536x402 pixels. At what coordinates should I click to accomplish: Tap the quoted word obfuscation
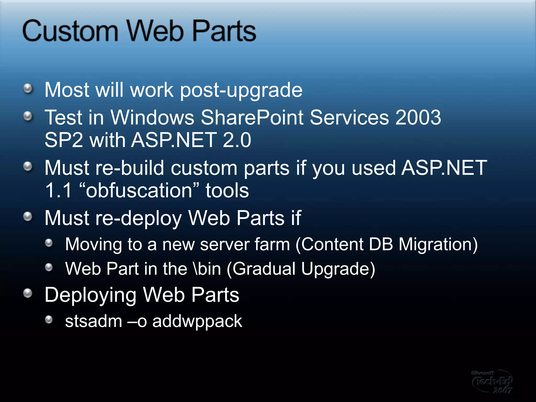139,191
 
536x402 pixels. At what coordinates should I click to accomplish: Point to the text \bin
207,269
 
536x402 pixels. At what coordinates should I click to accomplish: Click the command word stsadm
93,321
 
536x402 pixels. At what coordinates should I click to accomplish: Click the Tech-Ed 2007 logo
492,381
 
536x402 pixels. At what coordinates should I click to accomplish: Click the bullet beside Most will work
28,88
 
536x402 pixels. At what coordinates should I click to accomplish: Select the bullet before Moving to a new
49,243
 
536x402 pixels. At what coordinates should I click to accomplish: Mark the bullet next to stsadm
49,320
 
